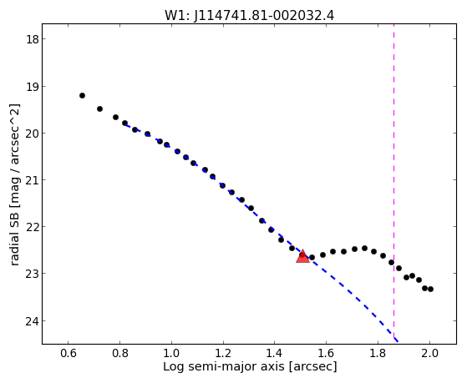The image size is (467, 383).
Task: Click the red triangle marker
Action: tap(302, 256)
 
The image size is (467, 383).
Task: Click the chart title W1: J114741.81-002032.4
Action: tap(249, 15)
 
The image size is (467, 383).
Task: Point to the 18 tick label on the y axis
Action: tap(32, 39)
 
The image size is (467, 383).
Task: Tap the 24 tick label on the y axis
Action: tap(32, 321)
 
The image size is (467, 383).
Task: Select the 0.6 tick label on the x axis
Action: tap(69, 353)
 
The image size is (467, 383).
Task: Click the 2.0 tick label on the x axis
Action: tap(429, 353)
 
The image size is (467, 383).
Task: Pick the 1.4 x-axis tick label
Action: tap(275, 353)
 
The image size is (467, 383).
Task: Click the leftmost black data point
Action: tap(82, 95)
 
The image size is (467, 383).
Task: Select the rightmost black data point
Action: tap(430, 289)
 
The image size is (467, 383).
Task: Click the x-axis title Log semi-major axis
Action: tap(224, 366)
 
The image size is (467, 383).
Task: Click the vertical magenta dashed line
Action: tap(394, 181)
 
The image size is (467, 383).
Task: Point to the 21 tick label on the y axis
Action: tap(32, 180)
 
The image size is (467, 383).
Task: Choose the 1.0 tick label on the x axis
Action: tap(171, 353)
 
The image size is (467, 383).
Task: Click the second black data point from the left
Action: tap(99, 109)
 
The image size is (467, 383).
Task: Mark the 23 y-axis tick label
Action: tap(32, 274)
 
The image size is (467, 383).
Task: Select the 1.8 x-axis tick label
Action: tap(378, 353)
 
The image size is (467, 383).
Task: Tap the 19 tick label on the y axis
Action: tap(32, 87)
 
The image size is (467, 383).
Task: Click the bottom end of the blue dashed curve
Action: tap(398, 341)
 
